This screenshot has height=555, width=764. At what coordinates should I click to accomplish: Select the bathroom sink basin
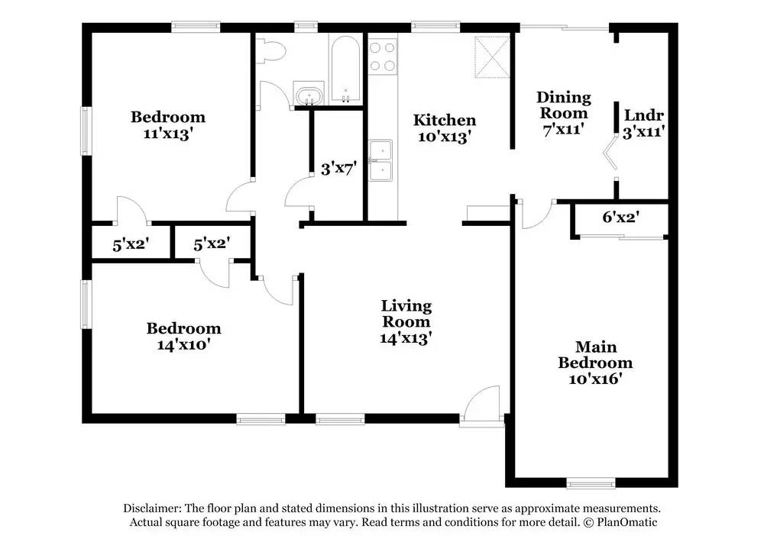[309, 95]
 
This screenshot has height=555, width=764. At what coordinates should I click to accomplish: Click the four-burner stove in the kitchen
[383, 56]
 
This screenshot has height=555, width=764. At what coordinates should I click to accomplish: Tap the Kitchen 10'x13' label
[444, 128]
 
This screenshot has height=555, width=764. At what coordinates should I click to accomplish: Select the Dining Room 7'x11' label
[563, 113]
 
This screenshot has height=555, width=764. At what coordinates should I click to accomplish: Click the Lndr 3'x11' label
[643, 123]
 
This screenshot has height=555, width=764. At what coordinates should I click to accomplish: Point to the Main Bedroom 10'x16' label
[594, 362]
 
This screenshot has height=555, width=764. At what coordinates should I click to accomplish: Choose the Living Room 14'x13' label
[406, 321]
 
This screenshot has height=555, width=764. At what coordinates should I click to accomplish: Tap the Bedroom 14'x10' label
[183, 336]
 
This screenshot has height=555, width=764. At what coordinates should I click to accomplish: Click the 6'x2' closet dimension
[620, 217]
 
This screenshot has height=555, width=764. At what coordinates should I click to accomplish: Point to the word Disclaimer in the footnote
[151, 508]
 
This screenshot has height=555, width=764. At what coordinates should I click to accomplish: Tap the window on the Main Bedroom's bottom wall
[591, 482]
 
